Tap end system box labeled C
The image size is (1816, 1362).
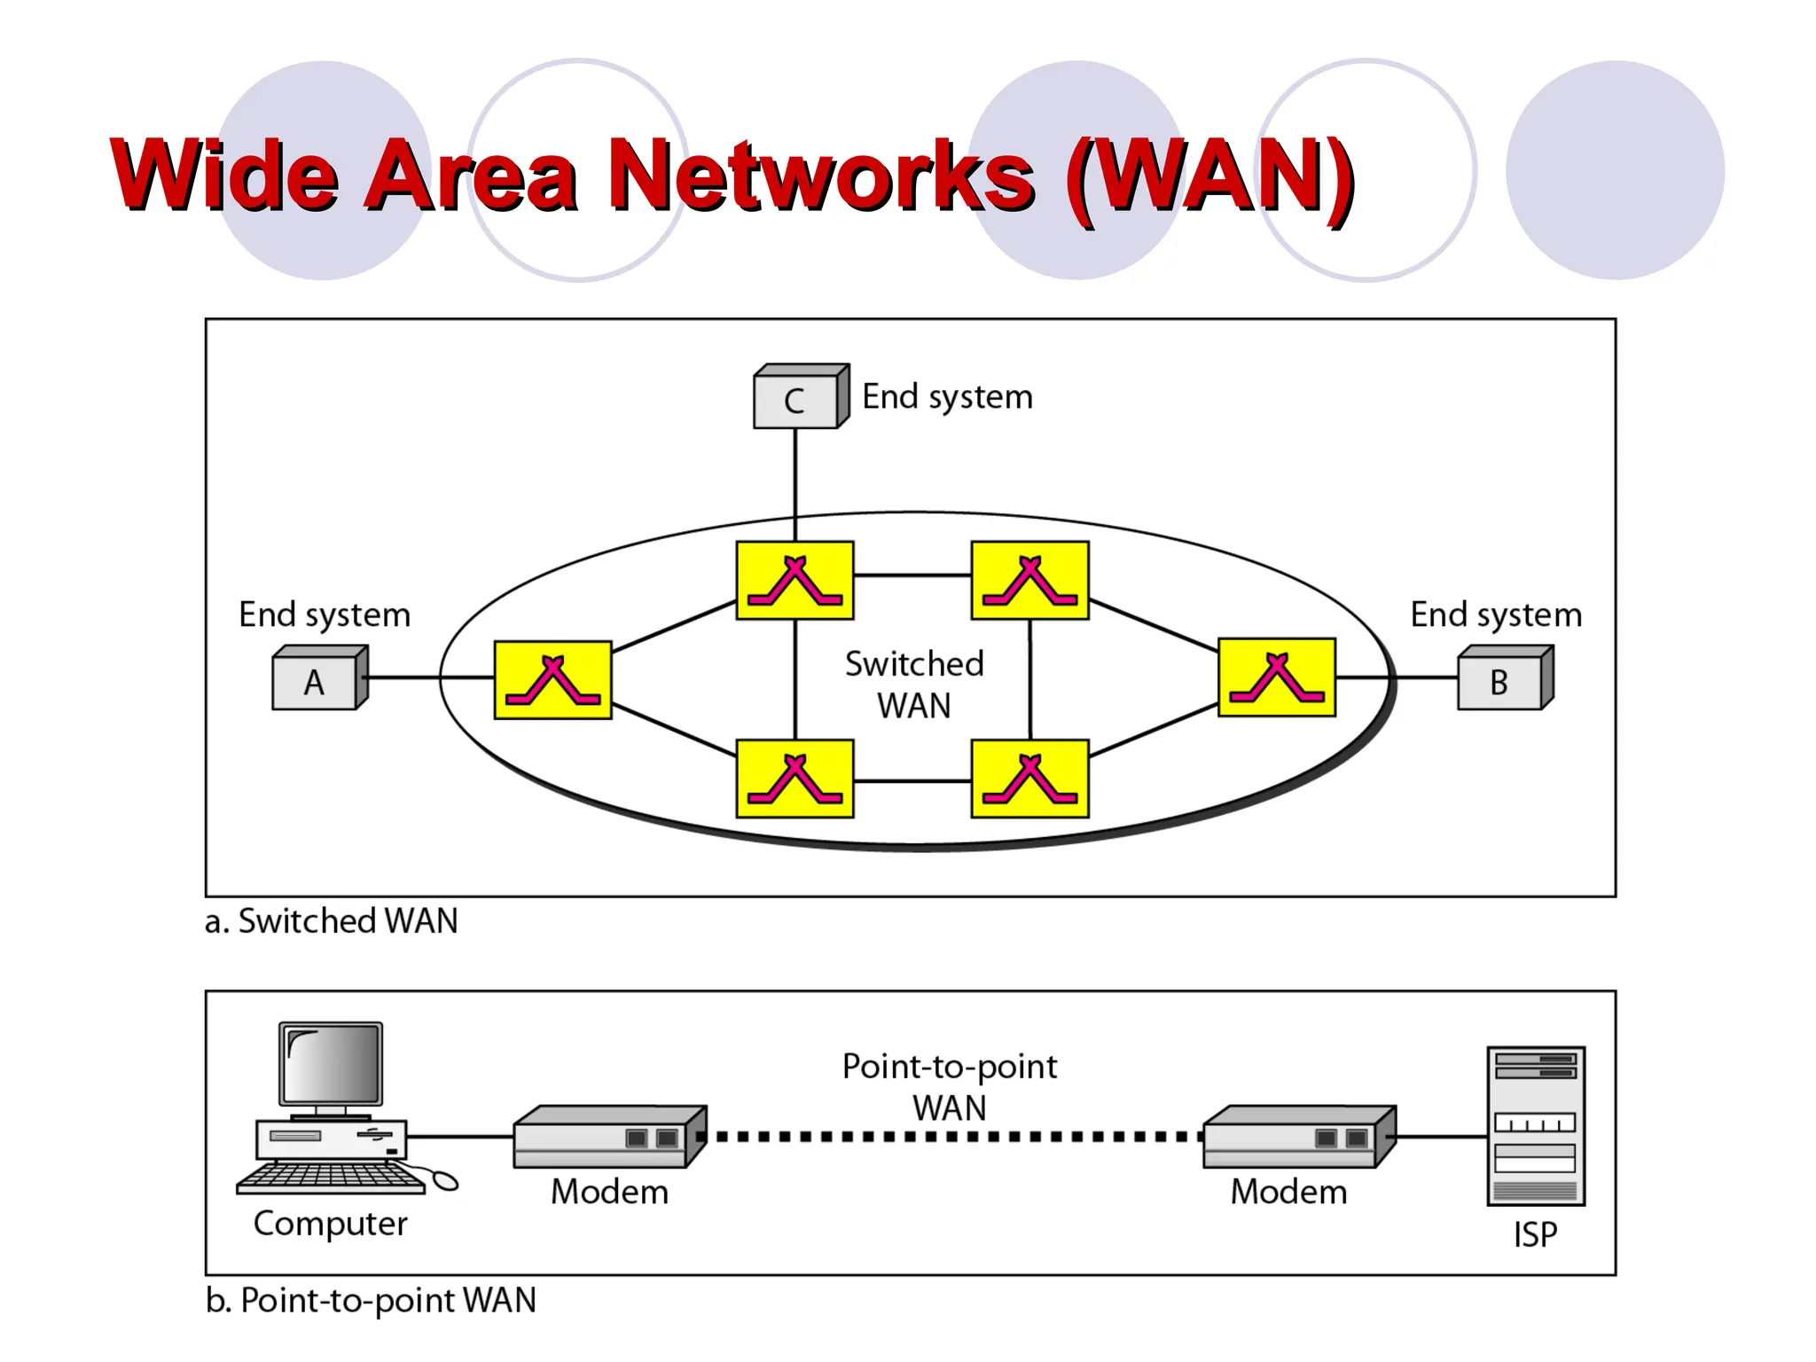795,401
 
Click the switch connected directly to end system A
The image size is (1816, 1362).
552,680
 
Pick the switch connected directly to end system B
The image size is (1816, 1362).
1277,677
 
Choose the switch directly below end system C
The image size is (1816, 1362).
795,581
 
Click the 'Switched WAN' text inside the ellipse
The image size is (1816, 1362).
914,685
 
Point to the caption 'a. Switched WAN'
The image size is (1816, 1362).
331,921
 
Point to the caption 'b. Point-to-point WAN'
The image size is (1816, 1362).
371,1301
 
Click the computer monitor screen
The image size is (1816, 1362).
331,1063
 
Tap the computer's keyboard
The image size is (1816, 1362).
331,1178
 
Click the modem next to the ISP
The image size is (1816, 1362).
1297,1137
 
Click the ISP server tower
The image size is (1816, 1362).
1536,1126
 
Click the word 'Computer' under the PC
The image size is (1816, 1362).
330,1225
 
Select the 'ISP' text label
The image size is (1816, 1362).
1535,1234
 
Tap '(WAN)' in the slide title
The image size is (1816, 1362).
1209,175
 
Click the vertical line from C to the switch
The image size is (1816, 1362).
795,483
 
